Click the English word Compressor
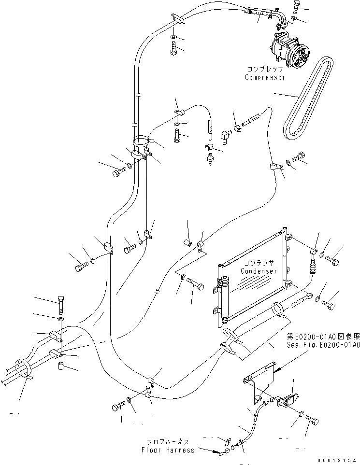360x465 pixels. pyautogui.click(x=265, y=77)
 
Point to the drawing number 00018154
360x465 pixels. pyautogui.click(x=336, y=460)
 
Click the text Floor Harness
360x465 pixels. pyautogui.click(x=168, y=450)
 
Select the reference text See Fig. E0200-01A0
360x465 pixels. pyautogui.click(x=323, y=345)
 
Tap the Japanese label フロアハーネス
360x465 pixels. pyautogui.click(x=170, y=442)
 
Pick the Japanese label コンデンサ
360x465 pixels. pyautogui.click(x=259, y=263)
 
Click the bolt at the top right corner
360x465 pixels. pyautogui.click(x=296, y=7)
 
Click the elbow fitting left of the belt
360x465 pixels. pyautogui.click(x=225, y=136)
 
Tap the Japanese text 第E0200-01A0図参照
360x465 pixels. pyautogui.click(x=324, y=337)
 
